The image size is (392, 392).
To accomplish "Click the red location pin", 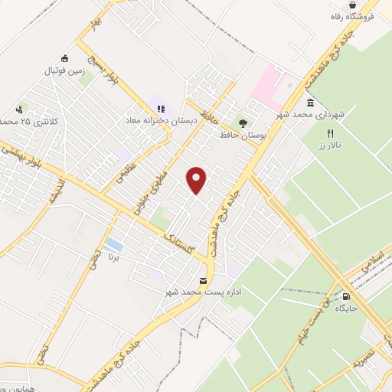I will point(197,180).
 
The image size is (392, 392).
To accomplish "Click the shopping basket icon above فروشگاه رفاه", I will point(373,5).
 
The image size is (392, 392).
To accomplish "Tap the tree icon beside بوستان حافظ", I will point(243,122).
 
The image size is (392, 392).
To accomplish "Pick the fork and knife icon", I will point(330,132).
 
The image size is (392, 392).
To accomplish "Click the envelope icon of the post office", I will point(203,280).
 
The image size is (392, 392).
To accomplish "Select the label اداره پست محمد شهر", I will point(203,292).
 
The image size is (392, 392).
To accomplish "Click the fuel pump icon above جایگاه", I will point(348,296).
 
